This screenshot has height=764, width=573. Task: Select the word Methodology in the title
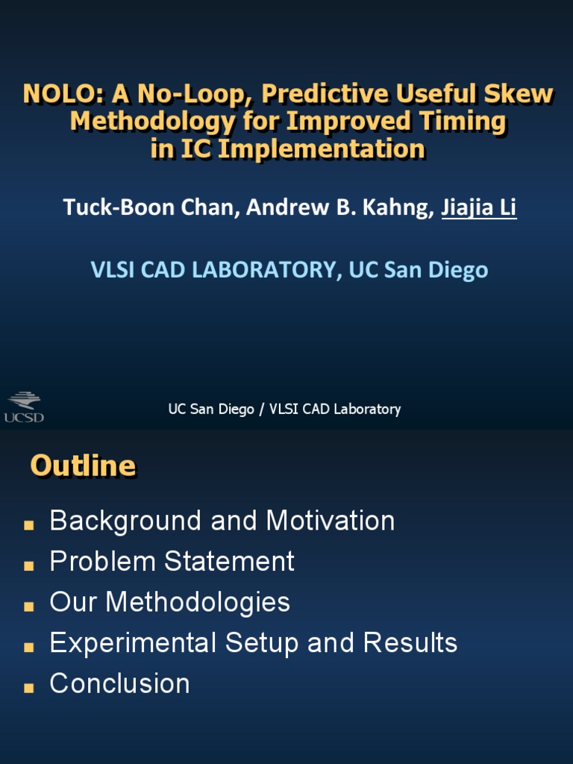point(153,122)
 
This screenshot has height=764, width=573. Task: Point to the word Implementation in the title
point(322,149)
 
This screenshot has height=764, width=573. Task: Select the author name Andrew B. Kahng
point(340,207)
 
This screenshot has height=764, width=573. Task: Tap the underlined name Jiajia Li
point(479,207)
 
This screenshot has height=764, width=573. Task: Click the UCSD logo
point(25,407)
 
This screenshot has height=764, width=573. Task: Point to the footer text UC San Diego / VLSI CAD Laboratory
point(284,409)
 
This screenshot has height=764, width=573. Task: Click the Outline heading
point(84,466)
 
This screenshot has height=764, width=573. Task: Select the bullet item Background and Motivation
point(222,520)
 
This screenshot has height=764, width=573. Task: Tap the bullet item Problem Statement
point(172,561)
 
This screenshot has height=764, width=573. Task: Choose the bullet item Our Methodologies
point(169,602)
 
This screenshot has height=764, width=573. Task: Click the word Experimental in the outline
point(133,642)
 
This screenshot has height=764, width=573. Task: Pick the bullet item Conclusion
point(120,683)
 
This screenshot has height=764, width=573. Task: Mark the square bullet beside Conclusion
point(29,687)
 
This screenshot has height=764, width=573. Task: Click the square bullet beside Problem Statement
point(29,566)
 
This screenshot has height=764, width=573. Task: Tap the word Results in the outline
point(410,642)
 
